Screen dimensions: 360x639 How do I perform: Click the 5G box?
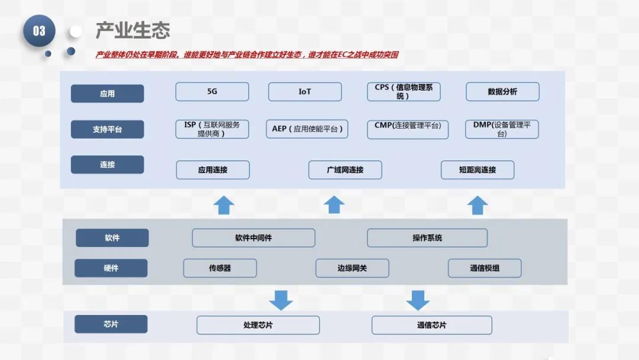pyautogui.click(x=212, y=92)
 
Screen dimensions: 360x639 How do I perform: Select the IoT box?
pyautogui.click(x=305, y=92)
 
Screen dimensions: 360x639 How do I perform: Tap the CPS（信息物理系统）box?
pyautogui.click(x=404, y=92)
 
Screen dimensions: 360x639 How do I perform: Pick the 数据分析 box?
pyautogui.click(x=502, y=92)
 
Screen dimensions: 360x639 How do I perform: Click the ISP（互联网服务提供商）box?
pyautogui.click(x=212, y=129)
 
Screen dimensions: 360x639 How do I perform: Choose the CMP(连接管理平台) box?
pyautogui.click(x=408, y=129)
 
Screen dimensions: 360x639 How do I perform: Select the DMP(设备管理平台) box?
pyautogui.click(x=502, y=129)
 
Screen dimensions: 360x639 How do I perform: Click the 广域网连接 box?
pyautogui.click(x=345, y=170)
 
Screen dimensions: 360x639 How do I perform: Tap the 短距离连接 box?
pyautogui.click(x=477, y=170)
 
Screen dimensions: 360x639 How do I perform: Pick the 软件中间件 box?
pyautogui.click(x=253, y=238)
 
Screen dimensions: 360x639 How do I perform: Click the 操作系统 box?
pyautogui.click(x=427, y=238)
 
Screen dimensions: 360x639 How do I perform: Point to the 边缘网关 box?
pyautogui.click(x=352, y=268)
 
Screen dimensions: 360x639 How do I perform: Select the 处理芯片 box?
pyautogui.click(x=258, y=325)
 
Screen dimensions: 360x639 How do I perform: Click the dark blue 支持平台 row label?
pyautogui.click(x=107, y=129)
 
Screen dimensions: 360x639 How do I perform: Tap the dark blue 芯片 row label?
pyautogui.click(x=111, y=324)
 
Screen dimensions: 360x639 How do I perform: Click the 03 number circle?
pyautogui.click(x=39, y=31)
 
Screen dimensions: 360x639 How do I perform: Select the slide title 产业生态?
pyautogui.click(x=133, y=30)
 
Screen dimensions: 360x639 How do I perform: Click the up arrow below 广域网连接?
pyautogui.click(x=334, y=205)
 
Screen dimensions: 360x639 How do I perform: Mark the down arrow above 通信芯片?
pyautogui.click(x=418, y=300)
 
